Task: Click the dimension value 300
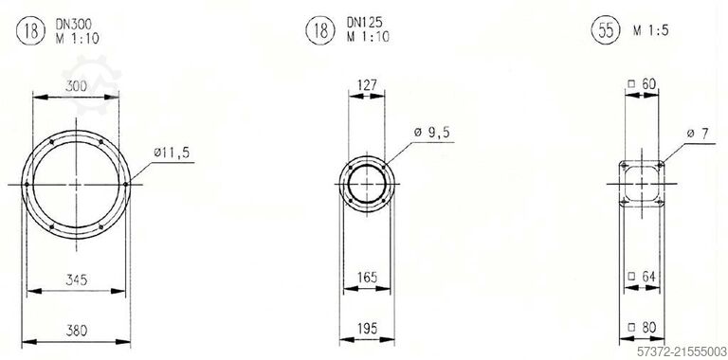[x=76, y=86]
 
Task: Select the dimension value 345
[x=76, y=279]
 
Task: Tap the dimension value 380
[x=76, y=331]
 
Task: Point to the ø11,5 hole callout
[x=172, y=153]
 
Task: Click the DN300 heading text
[x=73, y=24]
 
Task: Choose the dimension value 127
[x=367, y=85]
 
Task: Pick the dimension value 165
[x=367, y=278]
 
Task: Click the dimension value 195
[x=367, y=328]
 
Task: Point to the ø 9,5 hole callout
[x=432, y=133]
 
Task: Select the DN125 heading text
[x=364, y=22]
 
